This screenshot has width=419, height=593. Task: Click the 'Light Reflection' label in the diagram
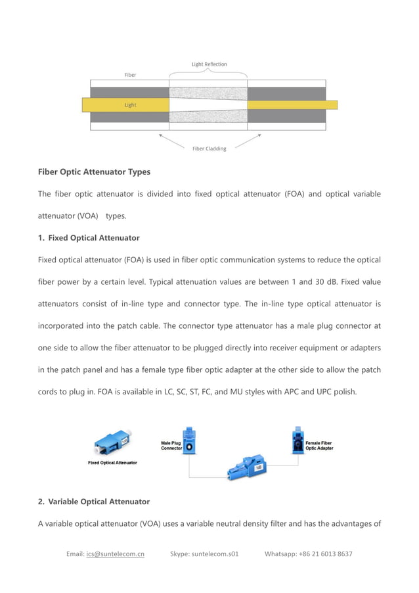pyautogui.click(x=209, y=64)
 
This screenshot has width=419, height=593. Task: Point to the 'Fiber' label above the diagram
pyautogui.click(x=130, y=75)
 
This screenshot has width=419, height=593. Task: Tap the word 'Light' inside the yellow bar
pyautogui.click(x=130, y=105)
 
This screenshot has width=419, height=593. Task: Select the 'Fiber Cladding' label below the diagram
pyautogui.click(x=209, y=149)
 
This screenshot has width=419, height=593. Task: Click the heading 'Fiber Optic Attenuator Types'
pyautogui.click(x=94, y=172)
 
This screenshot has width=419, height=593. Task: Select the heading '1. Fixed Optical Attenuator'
pyautogui.click(x=89, y=237)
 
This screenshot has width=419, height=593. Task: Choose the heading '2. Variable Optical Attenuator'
pyautogui.click(x=94, y=502)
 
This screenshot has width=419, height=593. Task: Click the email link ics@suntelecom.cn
pyautogui.click(x=115, y=554)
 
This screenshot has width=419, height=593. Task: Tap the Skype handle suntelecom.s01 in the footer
pyautogui.click(x=215, y=554)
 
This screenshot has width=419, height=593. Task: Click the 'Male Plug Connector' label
pyautogui.click(x=171, y=446)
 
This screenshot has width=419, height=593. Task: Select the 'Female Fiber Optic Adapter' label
pyautogui.click(x=319, y=446)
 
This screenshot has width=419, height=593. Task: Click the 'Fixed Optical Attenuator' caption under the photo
pyautogui.click(x=112, y=463)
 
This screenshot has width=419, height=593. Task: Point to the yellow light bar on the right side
pyautogui.click(x=292, y=105)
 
